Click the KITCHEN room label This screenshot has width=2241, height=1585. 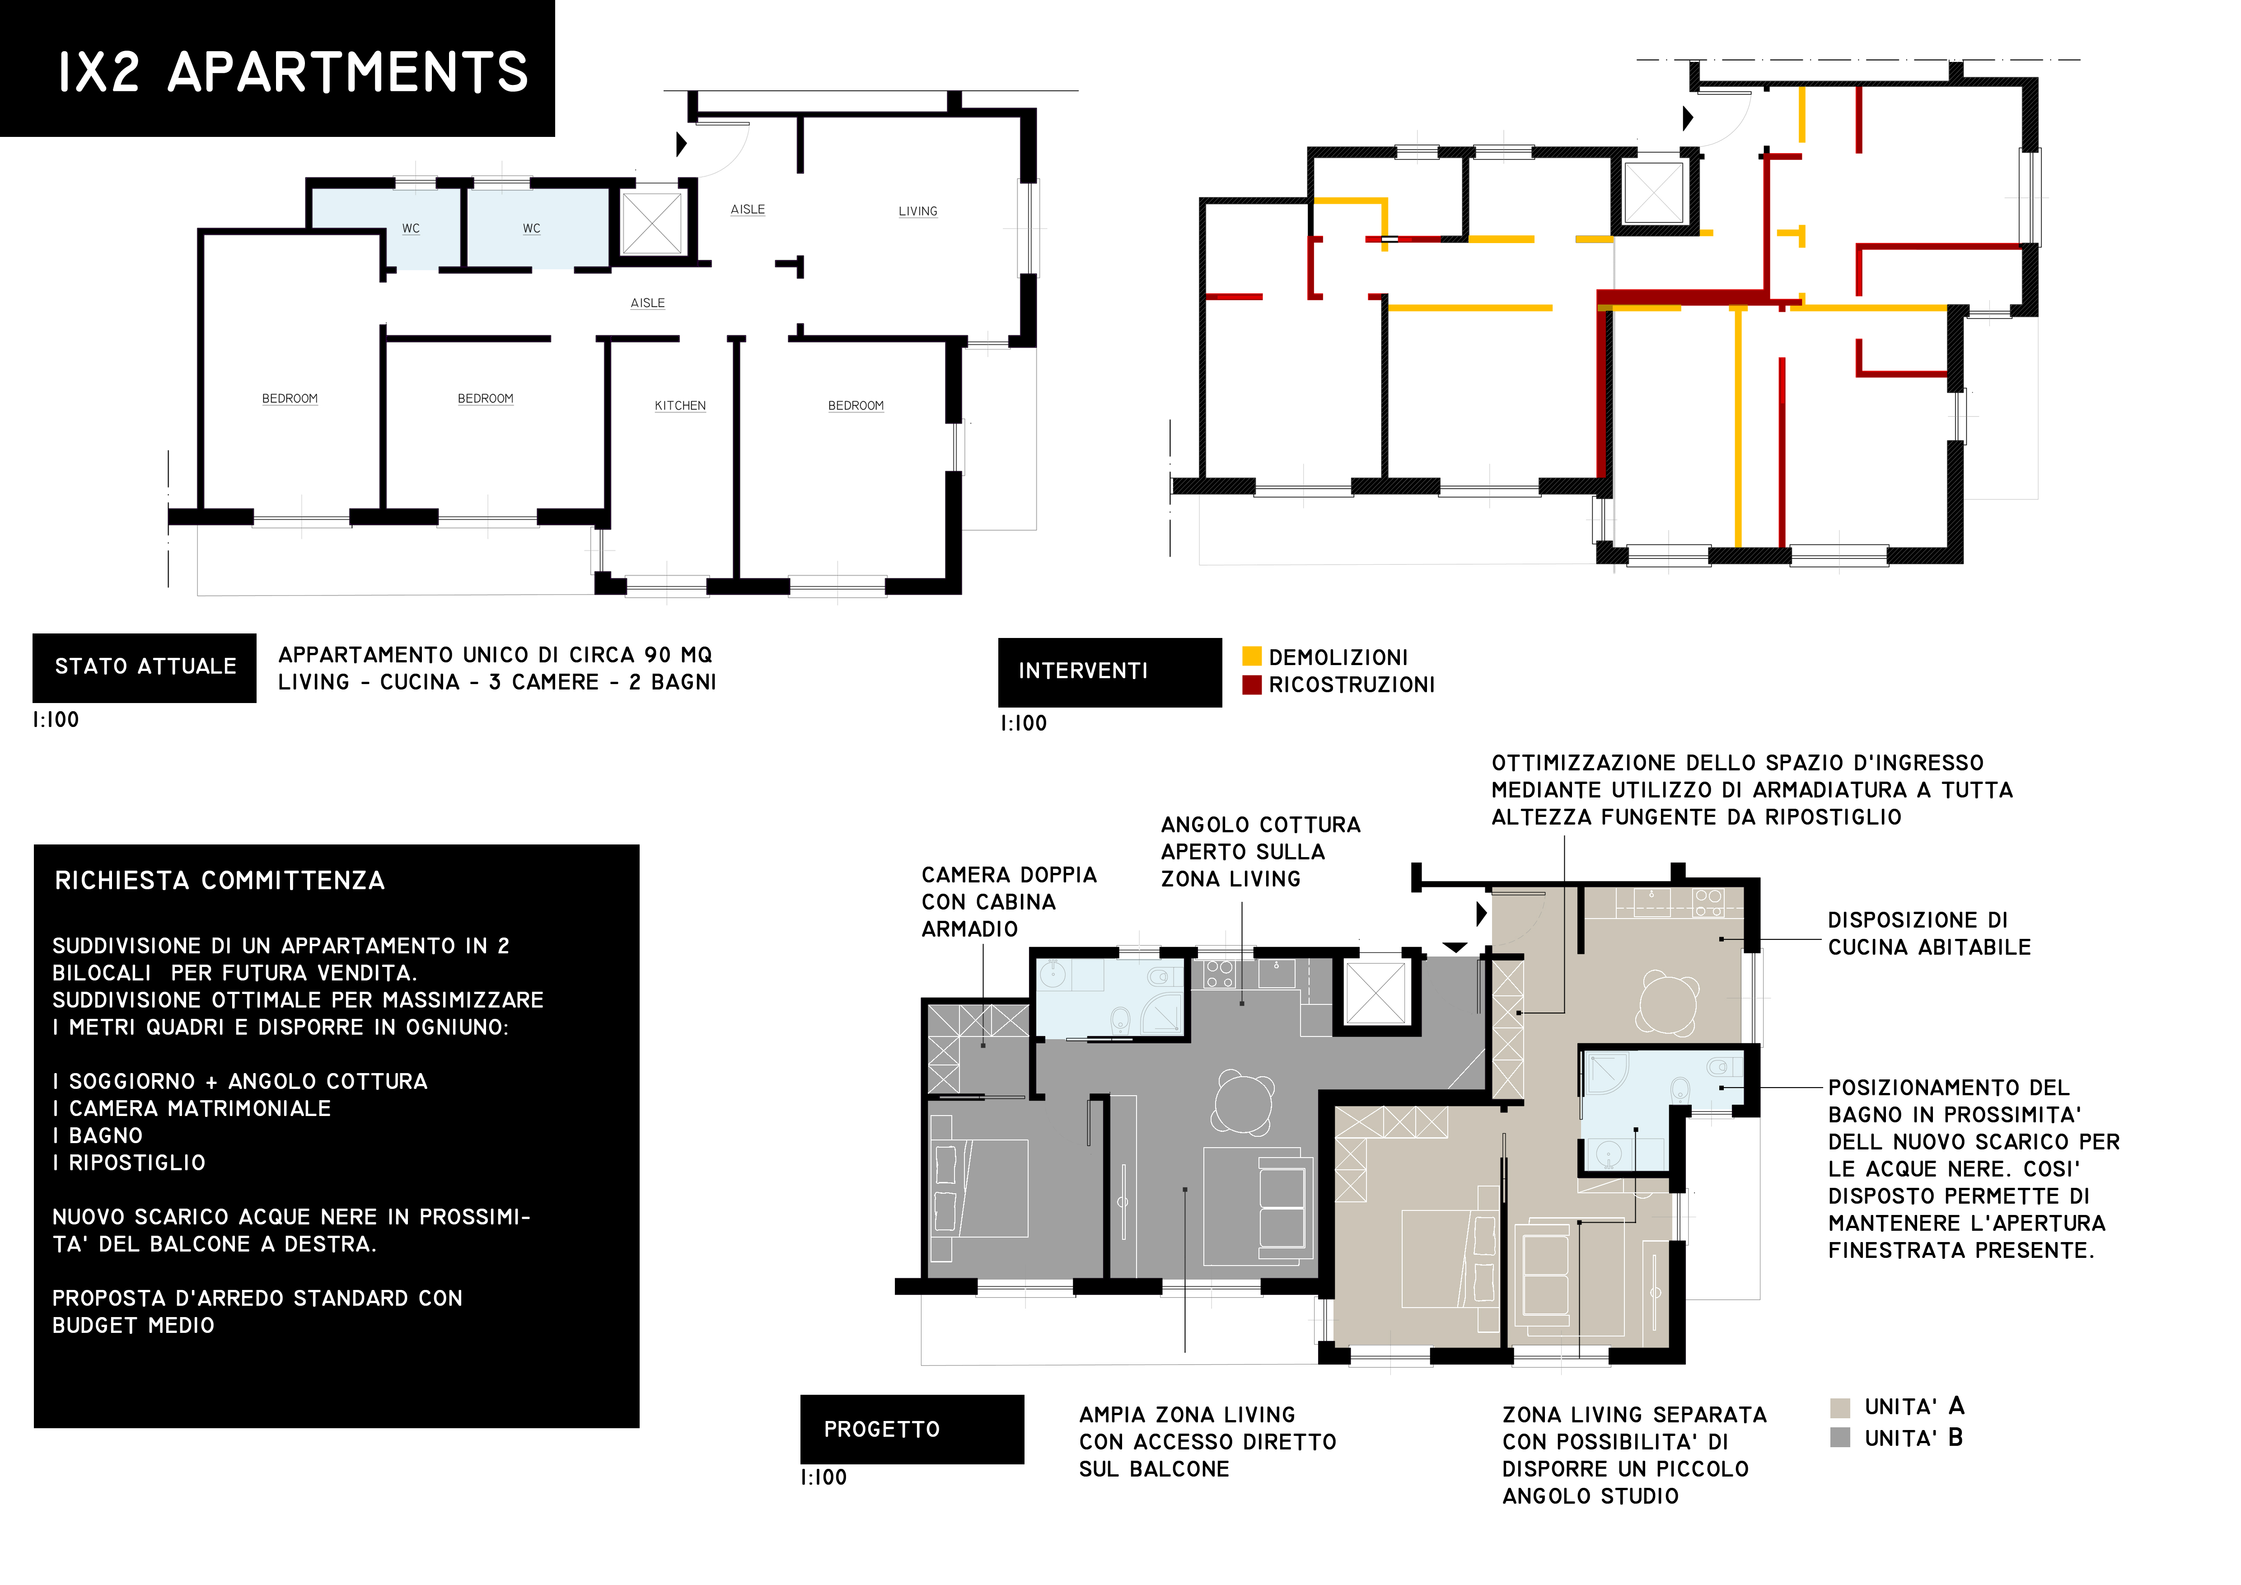pyautogui.click(x=680, y=405)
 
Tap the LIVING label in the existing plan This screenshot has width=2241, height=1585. pyautogui.click(x=917, y=211)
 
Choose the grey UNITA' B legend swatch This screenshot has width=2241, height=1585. pyautogui.click(x=1840, y=1438)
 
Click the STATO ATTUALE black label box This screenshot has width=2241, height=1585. pyautogui.click(x=145, y=668)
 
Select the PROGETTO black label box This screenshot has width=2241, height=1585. pyautogui.click(x=912, y=1430)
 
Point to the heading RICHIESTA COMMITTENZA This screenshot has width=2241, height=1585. pyautogui.click(x=220, y=880)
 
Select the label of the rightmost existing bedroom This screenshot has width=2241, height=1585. pyautogui.click(x=856, y=405)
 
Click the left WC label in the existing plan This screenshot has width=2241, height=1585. pyautogui.click(x=411, y=228)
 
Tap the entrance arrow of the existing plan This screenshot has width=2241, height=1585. pyautogui.click(x=682, y=144)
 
